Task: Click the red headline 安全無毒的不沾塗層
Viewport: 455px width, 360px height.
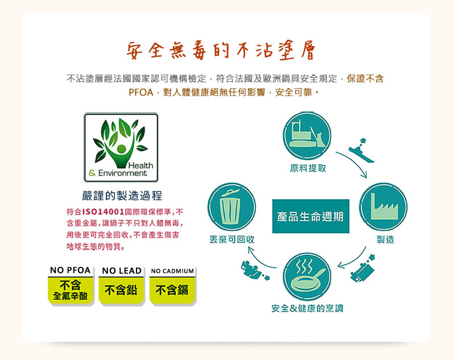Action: point(221,51)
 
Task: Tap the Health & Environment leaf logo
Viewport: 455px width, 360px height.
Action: point(121,147)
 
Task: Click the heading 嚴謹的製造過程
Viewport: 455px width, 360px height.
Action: point(122,196)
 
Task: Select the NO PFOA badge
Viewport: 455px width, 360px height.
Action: point(71,285)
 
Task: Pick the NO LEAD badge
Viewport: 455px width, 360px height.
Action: point(122,285)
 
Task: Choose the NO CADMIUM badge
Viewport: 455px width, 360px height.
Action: point(173,285)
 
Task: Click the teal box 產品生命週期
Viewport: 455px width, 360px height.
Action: point(311,216)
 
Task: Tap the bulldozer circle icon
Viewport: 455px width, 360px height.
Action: point(307,135)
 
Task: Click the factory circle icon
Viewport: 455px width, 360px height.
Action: point(383,206)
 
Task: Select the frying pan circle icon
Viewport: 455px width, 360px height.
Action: point(307,276)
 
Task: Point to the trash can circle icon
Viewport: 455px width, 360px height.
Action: point(231,206)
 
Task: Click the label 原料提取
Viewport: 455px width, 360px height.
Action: point(308,168)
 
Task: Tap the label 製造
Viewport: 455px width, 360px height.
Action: point(386,239)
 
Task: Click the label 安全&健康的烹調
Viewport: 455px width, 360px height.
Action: point(307,308)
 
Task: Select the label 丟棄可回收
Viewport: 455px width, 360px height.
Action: point(232,239)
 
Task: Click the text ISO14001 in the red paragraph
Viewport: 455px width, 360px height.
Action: point(104,212)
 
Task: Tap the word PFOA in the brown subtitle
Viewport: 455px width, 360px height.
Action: point(140,93)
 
